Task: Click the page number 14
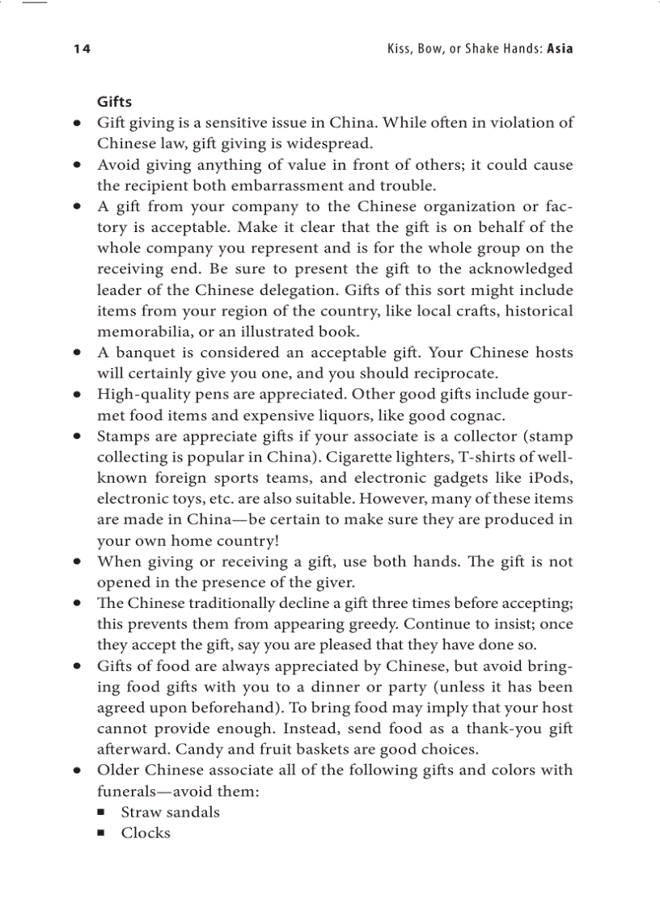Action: click(x=82, y=49)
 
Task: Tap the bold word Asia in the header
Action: click(x=560, y=49)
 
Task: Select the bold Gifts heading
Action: click(x=114, y=102)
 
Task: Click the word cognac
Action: click(x=476, y=416)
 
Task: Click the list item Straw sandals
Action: click(x=170, y=813)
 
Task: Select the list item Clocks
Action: click(x=146, y=834)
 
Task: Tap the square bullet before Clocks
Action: click(x=101, y=834)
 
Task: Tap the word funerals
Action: click(x=129, y=792)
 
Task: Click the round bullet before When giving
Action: click(x=77, y=562)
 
